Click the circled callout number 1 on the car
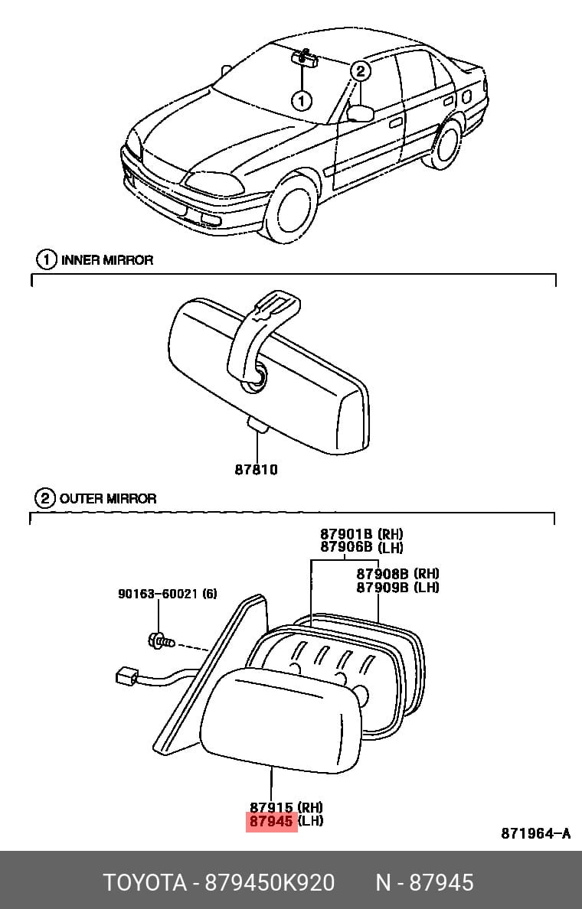pyautogui.click(x=301, y=101)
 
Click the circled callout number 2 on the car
pyautogui.click(x=360, y=71)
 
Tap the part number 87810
pyautogui.click(x=256, y=469)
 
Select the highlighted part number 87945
pyautogui.click(x=271, y=821)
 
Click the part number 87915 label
pyautogui.click(x=271, y=806)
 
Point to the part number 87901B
pyautogui.click(x=346, y=533)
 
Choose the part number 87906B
pyautogui.click(x=346, y=547)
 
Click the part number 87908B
pyautogui.click(x=382, y=573)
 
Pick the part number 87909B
pyautogui.click(x=382, y=588)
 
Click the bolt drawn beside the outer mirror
pyautogui.click(x=161, y=641)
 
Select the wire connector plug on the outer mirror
pyautogui.click(x=126, y=676)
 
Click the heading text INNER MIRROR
pyautogui.click(x=107, y=259)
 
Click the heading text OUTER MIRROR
pyautogui.click(x=108, y=498)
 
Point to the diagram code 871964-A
pyautogui.click(x=535, y=833)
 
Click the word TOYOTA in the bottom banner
pyautogui.click(x=145, y=882)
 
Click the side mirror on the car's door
pyautogui.click(x=361, y=113)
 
